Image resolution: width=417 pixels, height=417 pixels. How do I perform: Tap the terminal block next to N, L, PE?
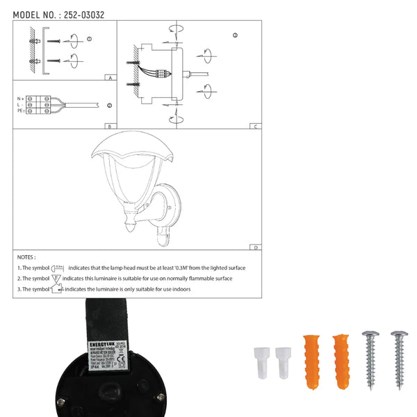tap(37, 105)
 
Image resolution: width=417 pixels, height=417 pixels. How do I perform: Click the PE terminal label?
tap(20, 111)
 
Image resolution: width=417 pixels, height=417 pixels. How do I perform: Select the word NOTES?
tap(26, 256)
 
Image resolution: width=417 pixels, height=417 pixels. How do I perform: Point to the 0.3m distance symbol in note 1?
tap(58, 268)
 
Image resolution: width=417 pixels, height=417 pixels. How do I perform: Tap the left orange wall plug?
tap(311, 361)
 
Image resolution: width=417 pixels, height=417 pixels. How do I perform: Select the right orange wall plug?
tap(341, 361)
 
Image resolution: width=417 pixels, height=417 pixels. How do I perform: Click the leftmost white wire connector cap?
tap(261, 361)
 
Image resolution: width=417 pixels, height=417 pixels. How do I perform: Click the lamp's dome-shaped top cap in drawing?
tap(127, 146)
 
